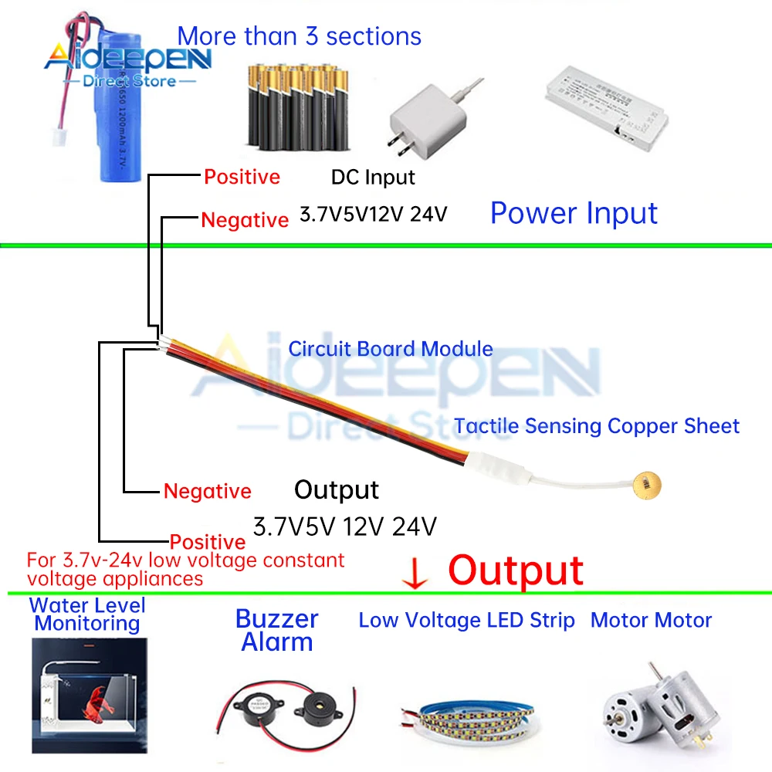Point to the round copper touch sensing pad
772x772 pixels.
647,485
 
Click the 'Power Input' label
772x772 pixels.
574,213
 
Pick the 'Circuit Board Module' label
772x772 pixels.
391,348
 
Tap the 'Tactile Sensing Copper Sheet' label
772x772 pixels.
596,425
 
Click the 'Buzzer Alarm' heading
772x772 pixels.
276,630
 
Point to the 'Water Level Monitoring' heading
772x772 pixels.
86,614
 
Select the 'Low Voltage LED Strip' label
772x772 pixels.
466,620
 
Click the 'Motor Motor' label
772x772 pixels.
651,620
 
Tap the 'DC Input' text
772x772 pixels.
373,177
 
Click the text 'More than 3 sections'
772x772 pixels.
300,36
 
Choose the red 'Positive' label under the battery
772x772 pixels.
242,177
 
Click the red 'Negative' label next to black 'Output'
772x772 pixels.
207,491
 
